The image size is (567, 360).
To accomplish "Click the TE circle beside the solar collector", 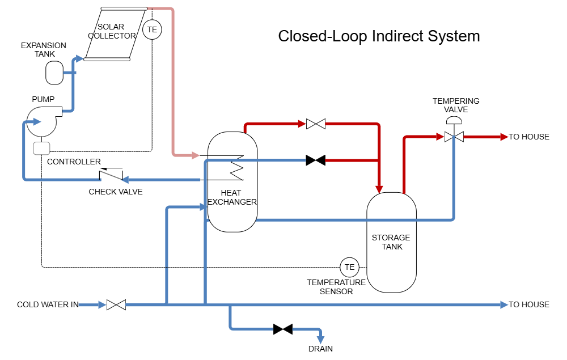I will point(152,29).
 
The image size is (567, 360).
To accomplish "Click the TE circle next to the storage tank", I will point(349,267).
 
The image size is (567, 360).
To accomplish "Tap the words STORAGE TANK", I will point(391,242).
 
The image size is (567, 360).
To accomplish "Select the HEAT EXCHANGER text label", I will point(232,197).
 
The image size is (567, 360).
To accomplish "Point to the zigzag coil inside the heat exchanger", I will point(235,166).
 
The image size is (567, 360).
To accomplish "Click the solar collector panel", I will point(116,33).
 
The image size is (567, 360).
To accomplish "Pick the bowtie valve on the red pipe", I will point(316,124).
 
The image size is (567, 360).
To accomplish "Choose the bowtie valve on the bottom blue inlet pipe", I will point(116,305).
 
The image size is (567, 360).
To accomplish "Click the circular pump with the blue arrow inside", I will point(41,121).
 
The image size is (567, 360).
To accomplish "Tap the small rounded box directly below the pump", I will point(41,149).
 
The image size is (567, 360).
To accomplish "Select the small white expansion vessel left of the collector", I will point(54,73).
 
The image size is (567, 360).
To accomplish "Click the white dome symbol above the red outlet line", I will point(454,120).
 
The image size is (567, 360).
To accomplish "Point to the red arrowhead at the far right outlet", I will point(503,137).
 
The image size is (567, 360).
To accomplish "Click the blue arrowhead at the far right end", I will point(503,305).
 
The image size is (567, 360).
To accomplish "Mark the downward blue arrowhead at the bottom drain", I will point(320,340).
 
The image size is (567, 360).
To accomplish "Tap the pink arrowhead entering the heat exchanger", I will point(195,155).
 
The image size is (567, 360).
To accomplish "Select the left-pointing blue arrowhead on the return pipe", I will point(125,180).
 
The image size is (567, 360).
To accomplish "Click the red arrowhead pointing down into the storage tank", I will point(379,188).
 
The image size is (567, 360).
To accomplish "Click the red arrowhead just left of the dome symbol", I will point(439,137).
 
